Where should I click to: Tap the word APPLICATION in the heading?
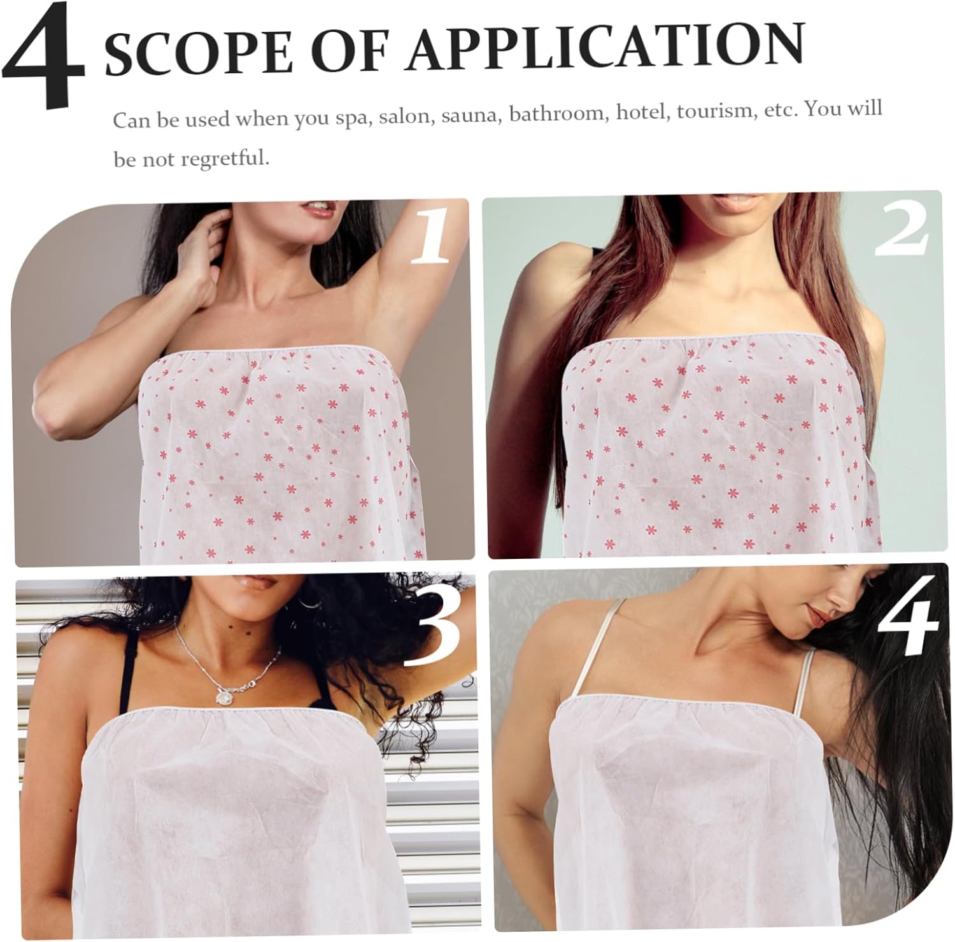(x=605, y=48)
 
